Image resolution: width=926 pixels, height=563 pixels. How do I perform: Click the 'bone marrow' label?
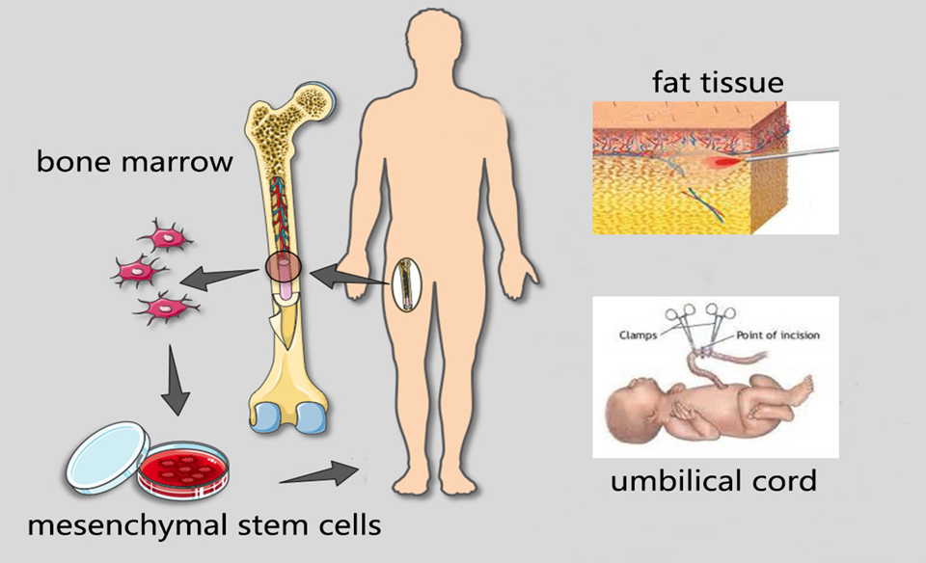click(x=134, y=161)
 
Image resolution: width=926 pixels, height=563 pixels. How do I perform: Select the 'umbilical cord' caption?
click(x=713, y=480)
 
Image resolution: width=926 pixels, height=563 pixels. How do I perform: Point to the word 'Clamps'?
click(x=638, y=334)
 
